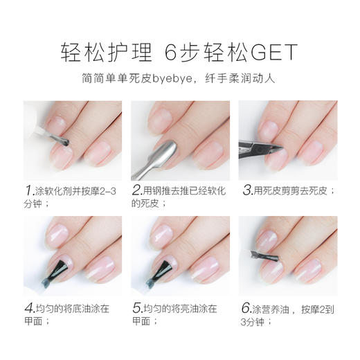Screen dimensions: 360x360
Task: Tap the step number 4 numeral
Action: pyautogui.click(x=28, y=307)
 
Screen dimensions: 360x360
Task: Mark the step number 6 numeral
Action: pyautogui.click(x=246, y=307)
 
